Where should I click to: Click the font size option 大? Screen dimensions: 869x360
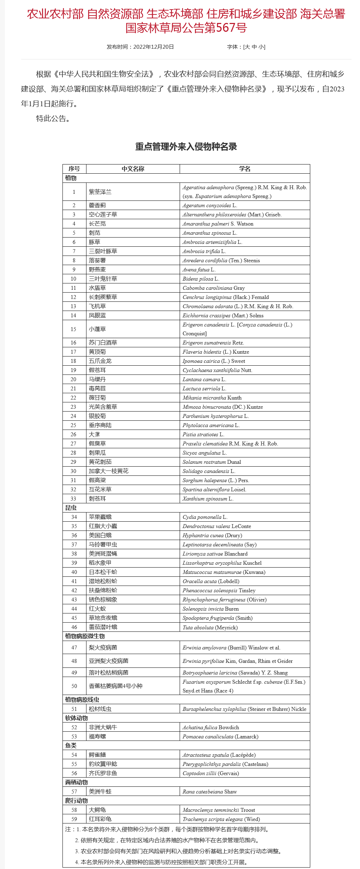(x=247, y=47)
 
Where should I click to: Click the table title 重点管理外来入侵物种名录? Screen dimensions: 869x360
(x=186, y=146)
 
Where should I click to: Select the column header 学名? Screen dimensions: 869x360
(x=245, y=169)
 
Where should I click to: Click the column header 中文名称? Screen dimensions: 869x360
(x=133, y=169)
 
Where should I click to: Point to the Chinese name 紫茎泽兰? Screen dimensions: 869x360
(x=100, y=192)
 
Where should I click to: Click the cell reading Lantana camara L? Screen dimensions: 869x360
(x=204, y=379)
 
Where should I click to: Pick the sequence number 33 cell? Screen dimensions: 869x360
(x=73, y=499)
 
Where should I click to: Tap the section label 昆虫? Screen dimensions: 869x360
(x=71, y=508)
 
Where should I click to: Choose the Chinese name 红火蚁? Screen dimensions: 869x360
(x=97, y=609)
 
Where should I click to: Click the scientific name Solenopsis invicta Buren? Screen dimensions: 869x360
(x=211, y=609)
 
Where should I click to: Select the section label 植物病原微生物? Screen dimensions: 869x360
(x=85, y=636)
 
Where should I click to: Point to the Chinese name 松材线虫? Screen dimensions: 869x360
(x=100, y=709)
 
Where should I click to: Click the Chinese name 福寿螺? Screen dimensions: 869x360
(x=97, y=737)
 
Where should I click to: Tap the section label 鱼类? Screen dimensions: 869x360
(x=71, y=745)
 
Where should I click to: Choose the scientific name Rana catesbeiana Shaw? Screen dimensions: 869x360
(x=210, y=792)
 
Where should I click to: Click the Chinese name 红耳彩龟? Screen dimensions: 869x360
(x=100, y=819)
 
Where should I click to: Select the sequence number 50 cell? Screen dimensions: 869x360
(x=74, y=686)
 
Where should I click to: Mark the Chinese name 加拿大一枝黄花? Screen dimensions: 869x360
(x=109, y=471)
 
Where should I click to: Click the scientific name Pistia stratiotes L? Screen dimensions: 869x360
(x=203, y=434)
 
